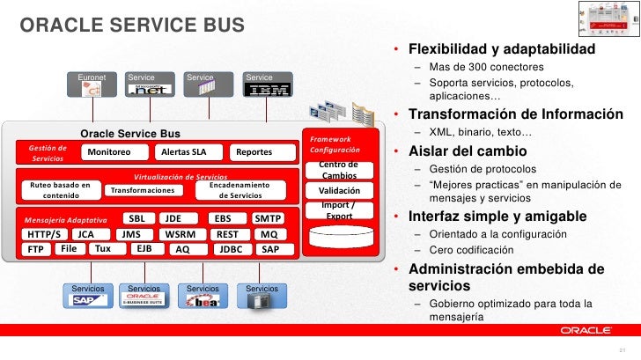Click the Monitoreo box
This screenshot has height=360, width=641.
coord(110,152)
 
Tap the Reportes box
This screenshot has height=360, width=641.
coord(255,152)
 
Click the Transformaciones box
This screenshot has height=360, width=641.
coord(143,190)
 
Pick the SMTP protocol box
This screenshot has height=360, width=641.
coord(267,218)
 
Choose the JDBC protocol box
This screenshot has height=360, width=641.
coord(231,249)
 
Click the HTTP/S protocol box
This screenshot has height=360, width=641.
coord(44,235)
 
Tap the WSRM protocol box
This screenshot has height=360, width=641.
coord(181,235)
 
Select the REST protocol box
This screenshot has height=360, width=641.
coord(227,235)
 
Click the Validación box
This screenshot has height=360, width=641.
coord(338,190)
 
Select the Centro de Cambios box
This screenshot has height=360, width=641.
coord(338,170)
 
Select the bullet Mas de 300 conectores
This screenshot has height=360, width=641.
coord(486,67)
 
